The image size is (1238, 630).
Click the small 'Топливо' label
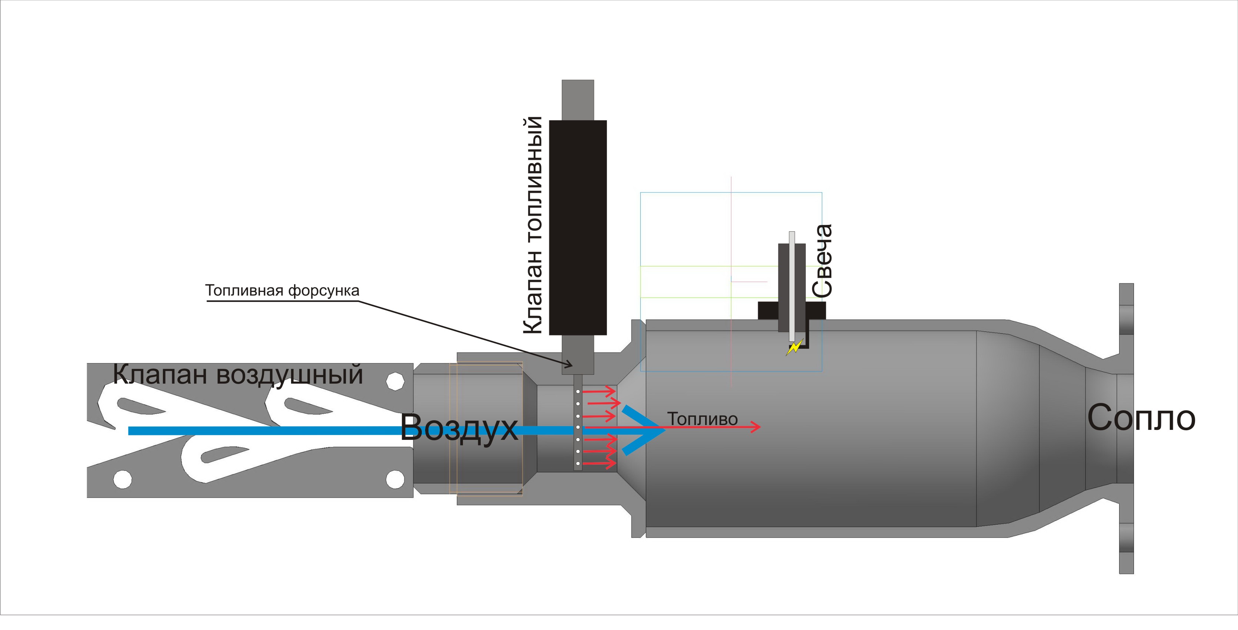point(702,419)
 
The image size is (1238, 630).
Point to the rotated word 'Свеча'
point(822,260)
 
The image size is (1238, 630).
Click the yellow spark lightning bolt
point(794,347)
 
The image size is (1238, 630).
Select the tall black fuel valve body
point(578,227)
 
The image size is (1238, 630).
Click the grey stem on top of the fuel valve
point(578,100)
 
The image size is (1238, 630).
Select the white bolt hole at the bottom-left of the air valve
point(122,479)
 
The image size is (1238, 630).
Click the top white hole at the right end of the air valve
point(395,381)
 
